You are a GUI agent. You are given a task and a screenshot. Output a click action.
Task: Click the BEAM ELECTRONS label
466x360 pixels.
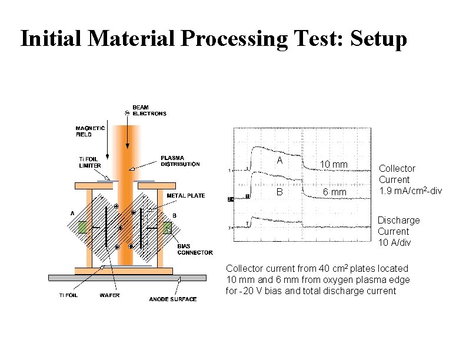[x=149, y=110]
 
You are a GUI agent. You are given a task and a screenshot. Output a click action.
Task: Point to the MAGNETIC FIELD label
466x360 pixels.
[x=91, y=131]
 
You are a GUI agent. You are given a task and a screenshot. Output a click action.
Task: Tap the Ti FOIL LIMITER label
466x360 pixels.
[x=90, y=162]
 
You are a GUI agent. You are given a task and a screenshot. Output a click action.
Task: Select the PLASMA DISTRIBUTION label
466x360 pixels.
[x=180, y=161]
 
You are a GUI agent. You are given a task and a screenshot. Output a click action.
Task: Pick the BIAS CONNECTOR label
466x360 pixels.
[x=195, y=249]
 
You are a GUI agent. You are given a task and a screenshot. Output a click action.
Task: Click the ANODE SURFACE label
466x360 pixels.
[x=172, y=299]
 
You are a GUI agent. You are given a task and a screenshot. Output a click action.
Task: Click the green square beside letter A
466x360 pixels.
[x=82, y=227]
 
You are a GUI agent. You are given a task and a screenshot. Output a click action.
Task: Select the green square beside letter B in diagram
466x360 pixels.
[x=168, y=227]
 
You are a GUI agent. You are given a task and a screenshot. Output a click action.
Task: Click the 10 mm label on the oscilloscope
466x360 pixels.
[x=334, y=164]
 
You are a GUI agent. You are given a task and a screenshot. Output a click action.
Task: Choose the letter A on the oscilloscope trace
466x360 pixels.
[x=279, y=161]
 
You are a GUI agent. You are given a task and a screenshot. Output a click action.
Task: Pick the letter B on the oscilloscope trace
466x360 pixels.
[x=279, y=191]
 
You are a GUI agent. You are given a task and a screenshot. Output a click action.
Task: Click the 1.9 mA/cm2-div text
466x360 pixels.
[x=410, y=190]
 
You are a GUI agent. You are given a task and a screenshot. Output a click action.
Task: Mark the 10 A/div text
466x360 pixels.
[x=394, y=242]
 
